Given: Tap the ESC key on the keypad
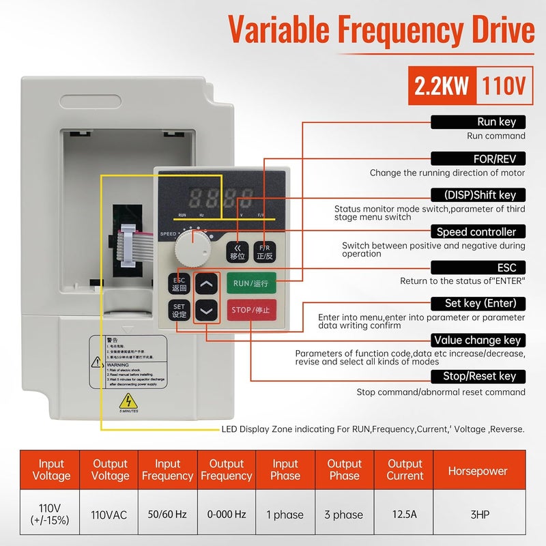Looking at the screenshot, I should (179, 283).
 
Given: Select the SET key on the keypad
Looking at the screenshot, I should (179, 311).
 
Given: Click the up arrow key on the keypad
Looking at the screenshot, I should (207, 283).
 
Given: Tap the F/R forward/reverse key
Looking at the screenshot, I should (265, 251).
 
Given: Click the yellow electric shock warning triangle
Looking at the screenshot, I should (126, 401).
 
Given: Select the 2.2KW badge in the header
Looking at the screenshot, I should (442, 85).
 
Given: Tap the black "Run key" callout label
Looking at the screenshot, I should (478, 122).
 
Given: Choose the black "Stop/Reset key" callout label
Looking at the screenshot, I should (478, 376).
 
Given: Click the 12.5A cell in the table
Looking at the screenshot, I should (405, 515).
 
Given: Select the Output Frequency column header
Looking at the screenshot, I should (226, 470).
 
